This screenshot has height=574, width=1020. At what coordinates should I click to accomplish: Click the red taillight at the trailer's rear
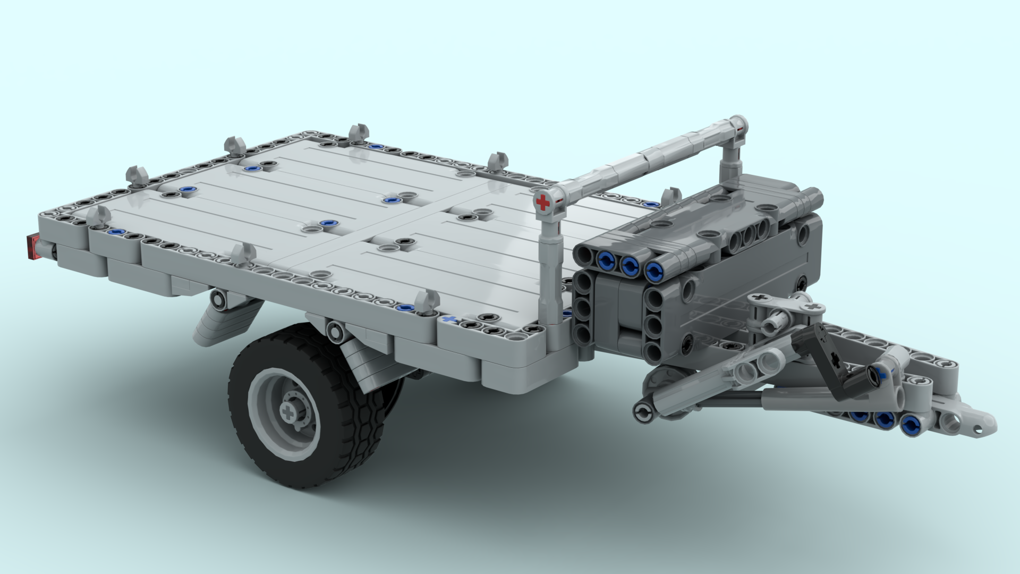[33, 247]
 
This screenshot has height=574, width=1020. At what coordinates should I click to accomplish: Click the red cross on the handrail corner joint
[542, 202]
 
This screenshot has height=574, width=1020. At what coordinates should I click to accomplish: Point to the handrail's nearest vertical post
[550, 276]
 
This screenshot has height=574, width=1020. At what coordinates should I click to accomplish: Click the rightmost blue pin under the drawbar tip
[910, 424]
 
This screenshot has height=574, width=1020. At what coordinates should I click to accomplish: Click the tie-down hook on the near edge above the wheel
[243, 255]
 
